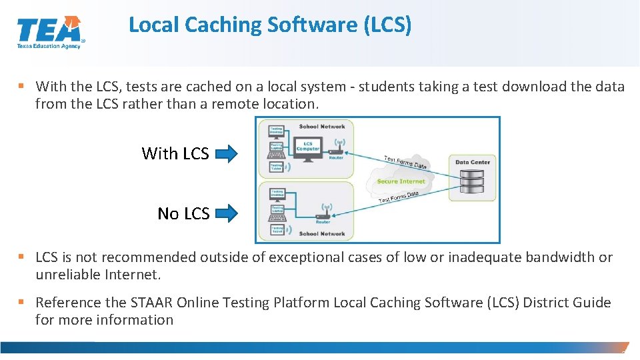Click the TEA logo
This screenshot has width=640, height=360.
50,31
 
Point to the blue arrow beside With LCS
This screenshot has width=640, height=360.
227,155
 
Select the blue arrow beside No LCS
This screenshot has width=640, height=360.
227,214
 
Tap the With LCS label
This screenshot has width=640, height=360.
175,154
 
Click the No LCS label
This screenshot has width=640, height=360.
183,214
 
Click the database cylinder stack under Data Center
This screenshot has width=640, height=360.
473,182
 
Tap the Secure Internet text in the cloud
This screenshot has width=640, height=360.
401,181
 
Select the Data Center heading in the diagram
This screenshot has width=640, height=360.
473,162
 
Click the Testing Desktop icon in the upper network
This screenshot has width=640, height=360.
276,130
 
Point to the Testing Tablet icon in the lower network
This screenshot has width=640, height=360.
276,230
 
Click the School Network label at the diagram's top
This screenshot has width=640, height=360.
322,126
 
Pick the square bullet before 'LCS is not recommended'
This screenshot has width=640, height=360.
22,257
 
